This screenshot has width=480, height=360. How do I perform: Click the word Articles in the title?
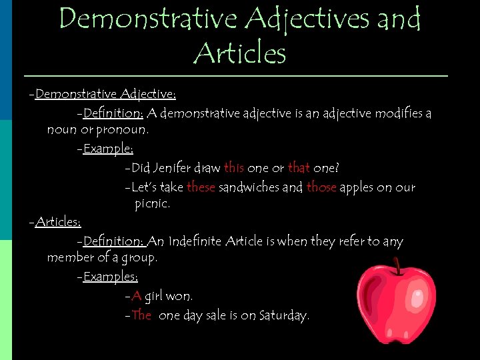point(239,52)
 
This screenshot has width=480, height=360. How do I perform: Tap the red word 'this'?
point(234,168)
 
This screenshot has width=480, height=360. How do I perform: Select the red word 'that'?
point(299,168)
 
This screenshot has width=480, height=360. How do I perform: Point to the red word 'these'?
point(201,187)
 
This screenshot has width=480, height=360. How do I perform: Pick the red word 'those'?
point(321,187)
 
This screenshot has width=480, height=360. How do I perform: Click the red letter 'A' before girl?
point(136,296)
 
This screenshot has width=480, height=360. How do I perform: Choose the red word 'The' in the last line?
point(142,315)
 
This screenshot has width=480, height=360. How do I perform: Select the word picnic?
point(152,203)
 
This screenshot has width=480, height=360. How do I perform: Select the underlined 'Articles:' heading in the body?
point(58,222)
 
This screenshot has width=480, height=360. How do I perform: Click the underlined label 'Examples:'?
point(111,276)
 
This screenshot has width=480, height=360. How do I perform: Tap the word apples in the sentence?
point(357,188)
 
